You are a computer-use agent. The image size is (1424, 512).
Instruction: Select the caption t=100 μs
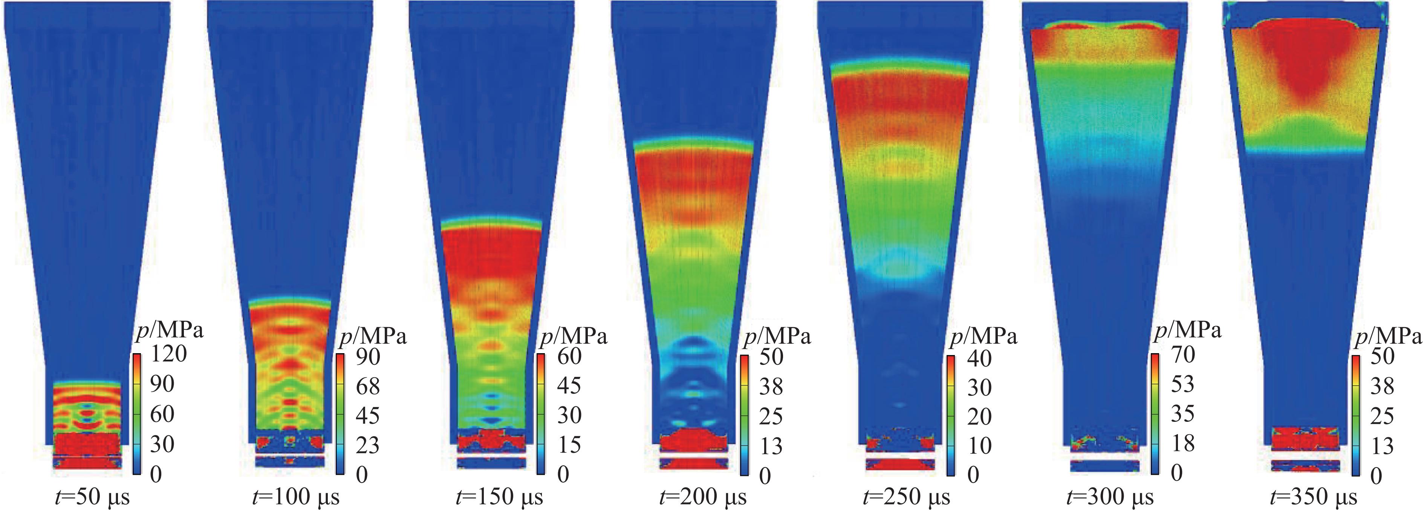point(296,497)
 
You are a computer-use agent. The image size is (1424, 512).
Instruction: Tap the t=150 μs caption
point(499,497)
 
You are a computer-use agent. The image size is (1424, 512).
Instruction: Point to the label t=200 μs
point(703,497)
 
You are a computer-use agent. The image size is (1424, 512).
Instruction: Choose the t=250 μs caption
point(907,497)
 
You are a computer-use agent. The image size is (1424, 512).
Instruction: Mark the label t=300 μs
point(1110,497)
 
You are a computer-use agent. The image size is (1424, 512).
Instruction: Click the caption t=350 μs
point(1314,497)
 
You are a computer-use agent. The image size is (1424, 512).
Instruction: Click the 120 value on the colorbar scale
point(168,353)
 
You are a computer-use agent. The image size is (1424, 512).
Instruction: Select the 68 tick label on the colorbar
point(368,386)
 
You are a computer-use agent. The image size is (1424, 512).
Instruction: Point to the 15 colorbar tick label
point(569,445)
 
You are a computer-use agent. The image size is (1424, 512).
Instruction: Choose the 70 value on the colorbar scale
point(1183,355)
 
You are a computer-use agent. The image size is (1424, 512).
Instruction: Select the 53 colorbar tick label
point(1183,384)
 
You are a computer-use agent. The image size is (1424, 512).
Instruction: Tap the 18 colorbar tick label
point(1183,443)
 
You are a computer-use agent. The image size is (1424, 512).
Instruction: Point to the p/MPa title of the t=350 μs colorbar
point(1387,335)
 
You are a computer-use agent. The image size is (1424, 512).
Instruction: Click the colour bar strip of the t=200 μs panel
point(745,415)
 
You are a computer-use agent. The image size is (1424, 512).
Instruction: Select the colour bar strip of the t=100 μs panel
point(340,414)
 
